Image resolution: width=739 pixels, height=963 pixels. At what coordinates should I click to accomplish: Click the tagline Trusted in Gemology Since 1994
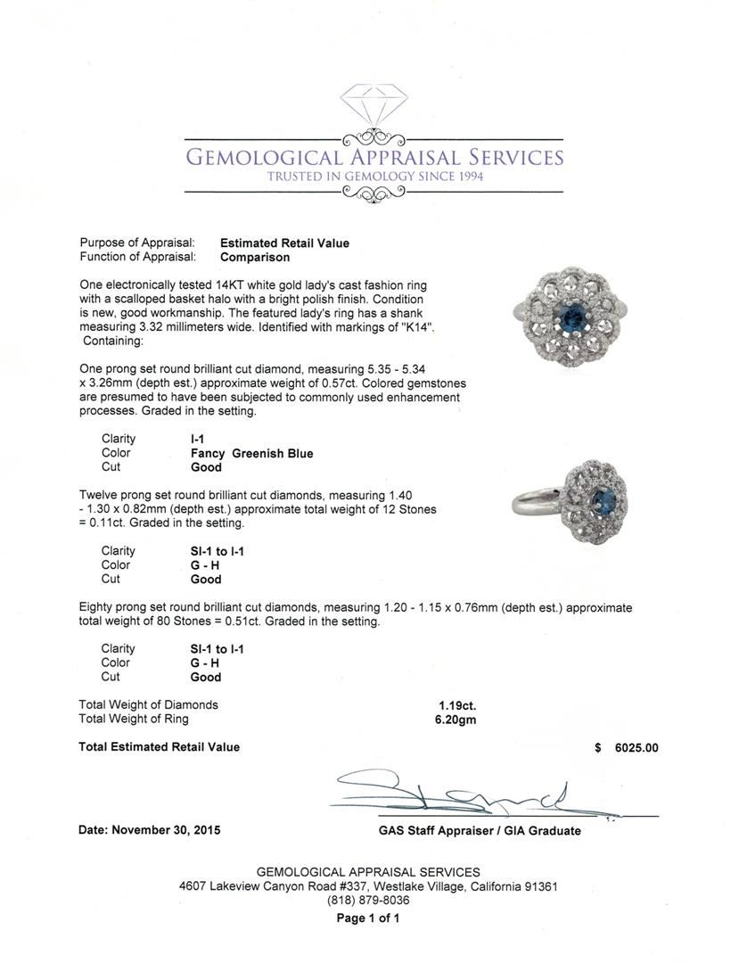[374, 177]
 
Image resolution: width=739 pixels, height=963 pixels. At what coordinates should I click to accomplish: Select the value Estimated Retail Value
[284, 243]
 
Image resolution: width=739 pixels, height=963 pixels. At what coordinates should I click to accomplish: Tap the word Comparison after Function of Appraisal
[255, 257]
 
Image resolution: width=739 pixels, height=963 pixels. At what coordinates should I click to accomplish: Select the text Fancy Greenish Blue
[251, 453]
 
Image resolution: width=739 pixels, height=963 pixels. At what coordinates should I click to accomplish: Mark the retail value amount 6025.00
[636, 747]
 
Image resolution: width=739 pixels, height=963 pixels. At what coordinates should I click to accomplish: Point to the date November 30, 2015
[150, 830]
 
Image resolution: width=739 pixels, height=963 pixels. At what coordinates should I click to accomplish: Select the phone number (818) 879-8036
[368, 901]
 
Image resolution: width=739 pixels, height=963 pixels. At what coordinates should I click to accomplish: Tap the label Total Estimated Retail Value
[159, 747]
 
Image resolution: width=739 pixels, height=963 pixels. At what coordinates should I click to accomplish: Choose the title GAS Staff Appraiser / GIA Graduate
[479, 830]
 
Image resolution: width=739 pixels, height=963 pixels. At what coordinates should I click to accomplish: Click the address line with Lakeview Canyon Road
[368, 886]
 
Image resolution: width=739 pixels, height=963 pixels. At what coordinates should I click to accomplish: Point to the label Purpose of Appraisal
[136, 243]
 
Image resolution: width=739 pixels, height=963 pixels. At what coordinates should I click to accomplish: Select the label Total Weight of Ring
[134, 719]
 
